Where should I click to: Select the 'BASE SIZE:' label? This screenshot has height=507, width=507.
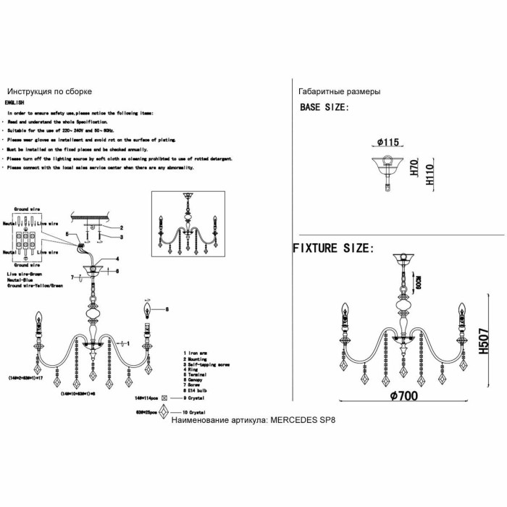(324, 107)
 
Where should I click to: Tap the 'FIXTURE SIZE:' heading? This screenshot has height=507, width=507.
(333, 248)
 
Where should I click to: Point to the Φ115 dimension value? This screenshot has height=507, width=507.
(389, 143)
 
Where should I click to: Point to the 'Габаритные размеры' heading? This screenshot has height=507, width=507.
(339, 92)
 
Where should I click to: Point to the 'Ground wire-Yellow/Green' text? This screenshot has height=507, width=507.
(35, 286)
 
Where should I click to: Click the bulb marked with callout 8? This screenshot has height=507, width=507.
(148, 312)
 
